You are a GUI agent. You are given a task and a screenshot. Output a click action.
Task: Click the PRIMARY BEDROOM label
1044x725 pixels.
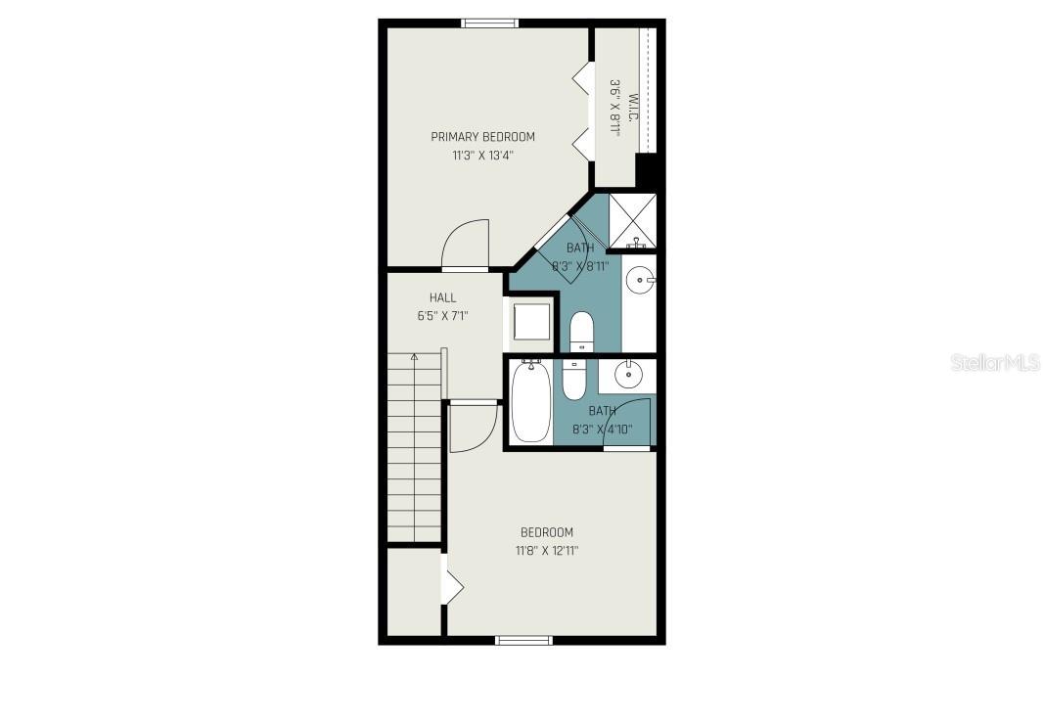coord(482,137)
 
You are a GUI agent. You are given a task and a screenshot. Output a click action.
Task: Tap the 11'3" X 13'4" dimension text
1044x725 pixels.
coord(482,155)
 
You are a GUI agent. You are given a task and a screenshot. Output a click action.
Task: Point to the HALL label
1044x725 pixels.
coord(442,297)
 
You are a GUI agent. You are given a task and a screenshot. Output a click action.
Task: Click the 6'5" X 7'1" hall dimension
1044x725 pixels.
coord(442,315)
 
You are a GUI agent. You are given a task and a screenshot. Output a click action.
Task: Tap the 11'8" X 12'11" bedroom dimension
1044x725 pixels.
coord(547,551)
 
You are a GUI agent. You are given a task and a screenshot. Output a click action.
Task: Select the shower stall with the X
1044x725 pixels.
coord(632,220)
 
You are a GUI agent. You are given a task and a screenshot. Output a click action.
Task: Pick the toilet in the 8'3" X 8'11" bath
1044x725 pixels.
coord(581,332)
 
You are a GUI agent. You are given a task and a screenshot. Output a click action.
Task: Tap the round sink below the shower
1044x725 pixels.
coord(641,281)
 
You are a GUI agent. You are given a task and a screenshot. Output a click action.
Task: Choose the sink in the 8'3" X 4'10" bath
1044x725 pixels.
coord(626,374)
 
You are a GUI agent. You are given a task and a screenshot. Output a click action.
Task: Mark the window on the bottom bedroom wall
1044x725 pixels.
coord(523,641)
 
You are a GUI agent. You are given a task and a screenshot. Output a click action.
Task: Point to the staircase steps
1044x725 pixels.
coord(415,450)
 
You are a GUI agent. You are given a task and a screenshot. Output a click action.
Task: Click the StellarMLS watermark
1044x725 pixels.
coord(995,363)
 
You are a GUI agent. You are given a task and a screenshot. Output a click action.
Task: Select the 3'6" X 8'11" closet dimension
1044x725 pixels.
coord(615,108)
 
